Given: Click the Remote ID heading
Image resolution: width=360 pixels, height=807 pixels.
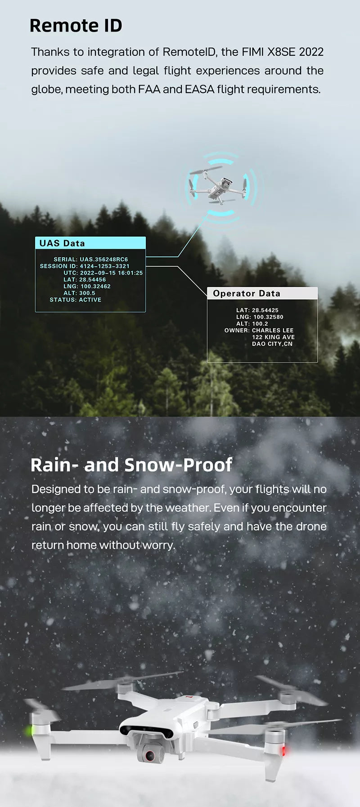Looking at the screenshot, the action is click(76, 26).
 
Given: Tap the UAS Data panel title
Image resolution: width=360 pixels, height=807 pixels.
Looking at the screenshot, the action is click(62, 243).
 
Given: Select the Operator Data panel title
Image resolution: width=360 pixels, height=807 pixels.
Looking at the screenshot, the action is click(247, 293).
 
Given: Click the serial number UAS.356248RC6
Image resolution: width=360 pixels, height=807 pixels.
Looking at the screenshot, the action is click(104, 260).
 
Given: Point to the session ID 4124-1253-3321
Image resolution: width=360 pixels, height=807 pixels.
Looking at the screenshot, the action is click(105, 266).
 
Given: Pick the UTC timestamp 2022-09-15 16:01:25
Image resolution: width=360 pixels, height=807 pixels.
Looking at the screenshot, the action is click(112, 273).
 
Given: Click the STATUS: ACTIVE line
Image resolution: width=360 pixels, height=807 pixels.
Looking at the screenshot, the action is click(76, 300).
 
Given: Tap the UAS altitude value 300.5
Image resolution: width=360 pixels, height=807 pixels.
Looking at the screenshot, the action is click(87, 293).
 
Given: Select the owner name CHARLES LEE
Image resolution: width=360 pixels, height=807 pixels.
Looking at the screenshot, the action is click(273, 330).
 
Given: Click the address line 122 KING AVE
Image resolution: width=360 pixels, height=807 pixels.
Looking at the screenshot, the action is click(274, 337).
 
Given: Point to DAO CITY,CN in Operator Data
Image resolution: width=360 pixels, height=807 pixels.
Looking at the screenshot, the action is click(272, 344).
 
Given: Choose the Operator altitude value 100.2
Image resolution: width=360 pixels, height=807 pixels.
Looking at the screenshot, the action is click(260, 323).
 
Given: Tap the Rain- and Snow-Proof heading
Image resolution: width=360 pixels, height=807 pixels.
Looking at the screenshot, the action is click(131, 465).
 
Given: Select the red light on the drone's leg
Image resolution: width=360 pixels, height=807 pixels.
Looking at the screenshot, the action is click(284, 750).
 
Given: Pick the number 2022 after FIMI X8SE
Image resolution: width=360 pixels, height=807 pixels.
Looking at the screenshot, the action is click(311, 52).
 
